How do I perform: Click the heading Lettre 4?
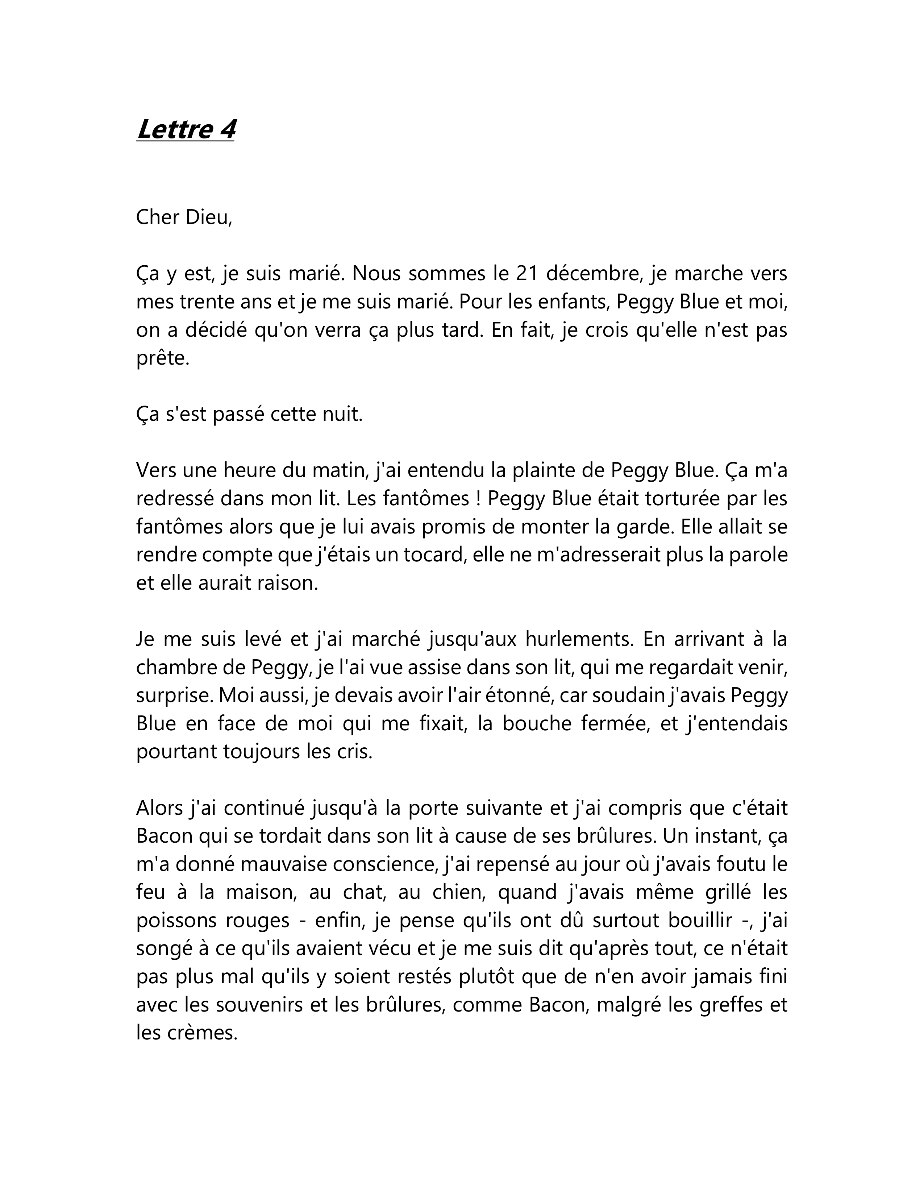click(186, 129)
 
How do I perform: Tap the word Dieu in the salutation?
click(208, 217)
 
